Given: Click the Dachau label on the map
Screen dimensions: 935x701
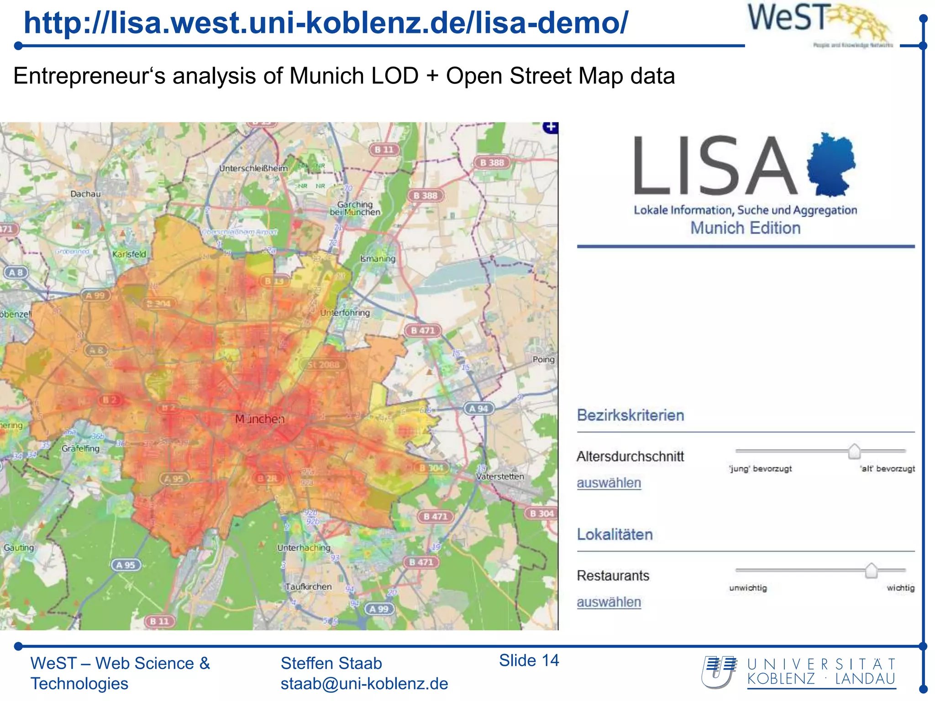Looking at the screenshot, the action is pos(85,194).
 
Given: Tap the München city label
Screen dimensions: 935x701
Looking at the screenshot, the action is pos(259,419).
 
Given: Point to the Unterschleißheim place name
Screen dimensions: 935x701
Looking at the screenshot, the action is pos(253,168).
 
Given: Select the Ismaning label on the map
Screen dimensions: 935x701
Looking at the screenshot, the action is pos(378,259).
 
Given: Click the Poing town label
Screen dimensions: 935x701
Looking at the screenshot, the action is pos(543,360).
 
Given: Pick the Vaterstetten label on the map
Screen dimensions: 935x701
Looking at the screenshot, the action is pos(500,476).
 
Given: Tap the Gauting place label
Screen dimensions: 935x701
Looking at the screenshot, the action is pos(19,547).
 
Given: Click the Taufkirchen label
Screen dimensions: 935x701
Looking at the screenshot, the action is pos(309,587).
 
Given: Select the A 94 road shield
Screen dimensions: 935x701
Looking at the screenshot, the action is pos(478,408).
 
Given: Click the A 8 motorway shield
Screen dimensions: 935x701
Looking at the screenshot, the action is pos(16,272).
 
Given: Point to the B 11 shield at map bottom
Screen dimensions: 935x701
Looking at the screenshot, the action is pos(159,621).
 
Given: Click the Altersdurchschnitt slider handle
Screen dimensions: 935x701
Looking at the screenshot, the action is pos(854,451).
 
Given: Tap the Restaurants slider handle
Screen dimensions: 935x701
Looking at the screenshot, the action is pos(871,570).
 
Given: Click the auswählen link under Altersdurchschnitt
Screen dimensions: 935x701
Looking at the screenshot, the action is pos(609,483).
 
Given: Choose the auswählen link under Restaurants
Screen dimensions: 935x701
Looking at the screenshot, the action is pos(609,602).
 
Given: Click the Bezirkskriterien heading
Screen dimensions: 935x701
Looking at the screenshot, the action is pos(630,415).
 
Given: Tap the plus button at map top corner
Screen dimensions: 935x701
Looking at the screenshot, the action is pos(551,127).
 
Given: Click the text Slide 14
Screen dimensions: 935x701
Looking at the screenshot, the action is pos(529,660).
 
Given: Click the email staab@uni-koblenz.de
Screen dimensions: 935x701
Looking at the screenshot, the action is pos(364,684).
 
